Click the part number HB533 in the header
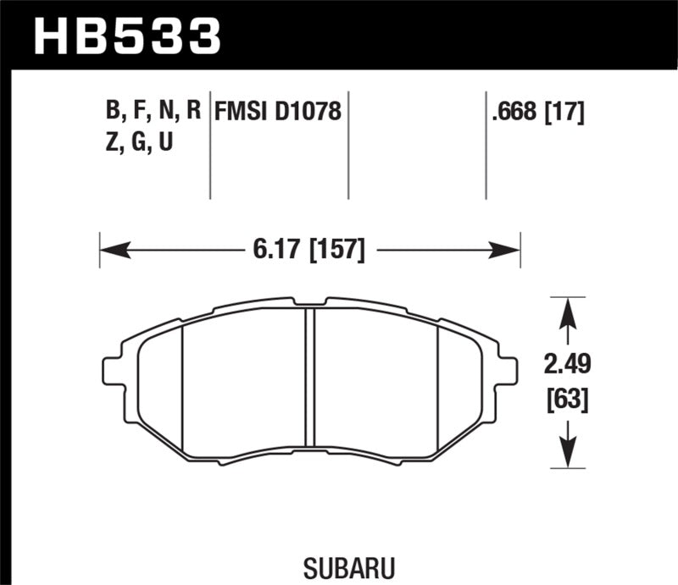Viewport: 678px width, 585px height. [x=126, y=36]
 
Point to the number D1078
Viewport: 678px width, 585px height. [x=310, y=112]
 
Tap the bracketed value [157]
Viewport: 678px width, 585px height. [x=337, y=251]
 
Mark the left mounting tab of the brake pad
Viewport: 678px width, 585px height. [x=113, y=370]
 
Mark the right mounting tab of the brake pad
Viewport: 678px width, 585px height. [x=507, y=370]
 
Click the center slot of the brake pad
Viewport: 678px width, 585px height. [x=309, y=377]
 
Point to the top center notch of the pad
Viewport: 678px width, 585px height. [x=309, y=301]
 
